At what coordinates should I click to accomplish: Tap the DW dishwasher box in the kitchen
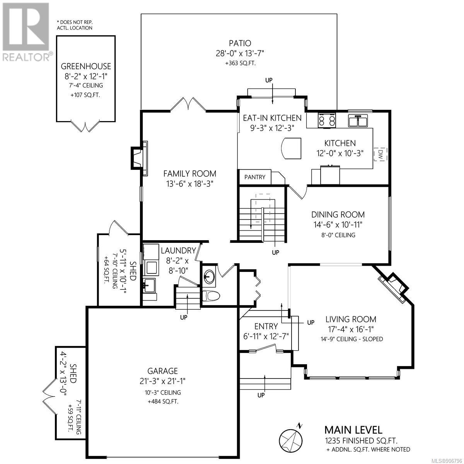point(380,154)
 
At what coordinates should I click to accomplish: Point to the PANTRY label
point(255,177)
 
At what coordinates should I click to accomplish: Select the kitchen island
point(292,148)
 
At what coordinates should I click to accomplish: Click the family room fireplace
point(139,159)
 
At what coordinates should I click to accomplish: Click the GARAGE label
point(162,371)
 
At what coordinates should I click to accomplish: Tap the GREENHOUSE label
point(86,66)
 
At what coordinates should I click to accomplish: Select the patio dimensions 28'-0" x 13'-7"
point(240,53)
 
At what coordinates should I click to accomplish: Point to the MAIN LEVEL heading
point(353,430)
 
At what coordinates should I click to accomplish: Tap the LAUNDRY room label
point(178,251)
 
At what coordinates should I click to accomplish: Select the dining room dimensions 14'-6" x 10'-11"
point(338,225)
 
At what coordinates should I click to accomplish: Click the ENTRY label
point(266,326)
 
